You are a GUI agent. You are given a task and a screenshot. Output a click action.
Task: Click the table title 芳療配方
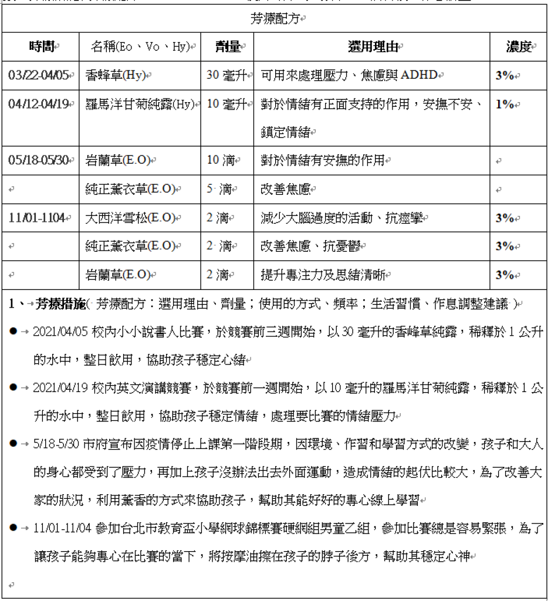point(274,19)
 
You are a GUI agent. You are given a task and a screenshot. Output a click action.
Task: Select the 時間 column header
point(42,47)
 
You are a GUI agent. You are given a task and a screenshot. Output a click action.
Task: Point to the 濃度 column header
point(518,47)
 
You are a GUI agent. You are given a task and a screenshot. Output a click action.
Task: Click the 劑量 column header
point(227,47)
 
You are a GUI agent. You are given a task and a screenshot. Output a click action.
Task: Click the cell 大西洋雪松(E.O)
point(133,218)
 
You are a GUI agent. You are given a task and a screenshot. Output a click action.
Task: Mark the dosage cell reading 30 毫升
point(227,75)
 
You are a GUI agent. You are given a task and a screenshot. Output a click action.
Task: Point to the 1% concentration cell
point(505,104)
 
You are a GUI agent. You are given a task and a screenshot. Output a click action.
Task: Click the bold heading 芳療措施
point(60,304)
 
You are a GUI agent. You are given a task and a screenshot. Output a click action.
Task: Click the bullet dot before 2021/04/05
point(13,332)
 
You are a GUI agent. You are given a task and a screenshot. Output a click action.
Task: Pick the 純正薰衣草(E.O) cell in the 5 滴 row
point(133,189)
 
